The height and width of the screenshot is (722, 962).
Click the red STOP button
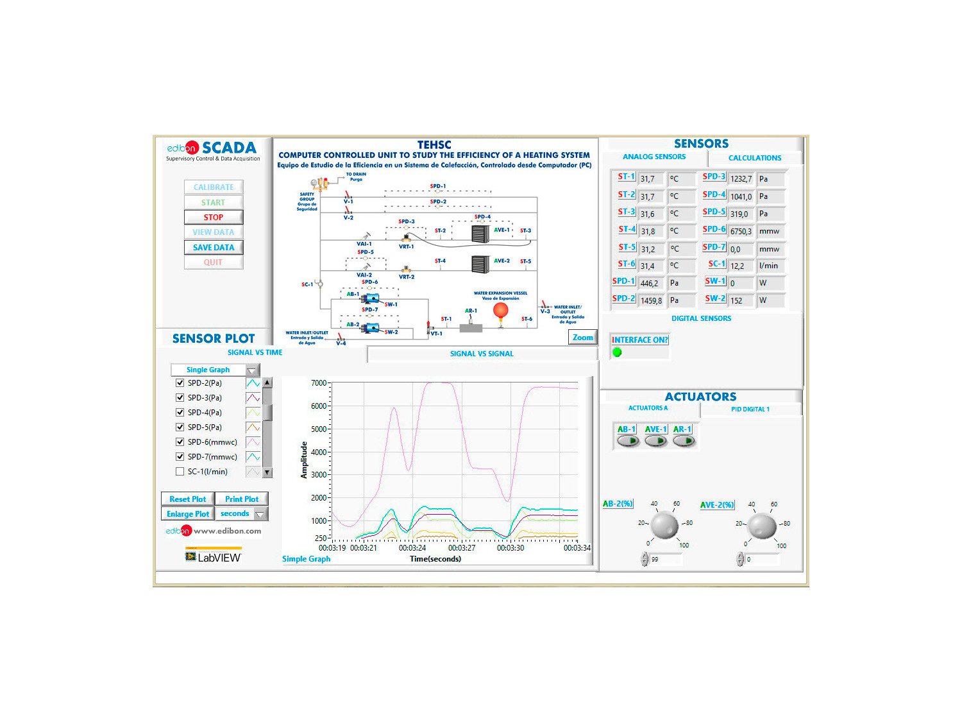[x=214, y=218]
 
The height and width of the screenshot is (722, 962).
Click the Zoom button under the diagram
[x=582, y=338]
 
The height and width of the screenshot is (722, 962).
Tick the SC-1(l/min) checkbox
[x=180, y=472]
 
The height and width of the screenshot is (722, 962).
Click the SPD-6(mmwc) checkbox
[x=180, y=442]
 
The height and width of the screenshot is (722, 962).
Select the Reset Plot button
[x=187, y=499]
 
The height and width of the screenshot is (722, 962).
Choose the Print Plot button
[x=242, y=499]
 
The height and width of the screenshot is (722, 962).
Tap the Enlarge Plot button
[x=187, y=514]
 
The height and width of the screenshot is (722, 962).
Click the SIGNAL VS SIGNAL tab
[x=482, y=354]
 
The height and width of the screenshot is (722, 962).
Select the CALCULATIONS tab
[x=754, y=158]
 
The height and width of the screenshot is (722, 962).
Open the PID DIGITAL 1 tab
[x=750, y=409]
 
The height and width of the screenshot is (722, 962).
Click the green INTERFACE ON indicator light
[x=618, y=352]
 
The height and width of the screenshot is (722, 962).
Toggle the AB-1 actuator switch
[x=628, y=441]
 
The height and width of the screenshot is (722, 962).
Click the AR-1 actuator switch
[x=684, y=441]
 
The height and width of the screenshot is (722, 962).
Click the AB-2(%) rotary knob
[x=665, y=526]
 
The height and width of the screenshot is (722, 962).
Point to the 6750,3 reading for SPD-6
[x=741, y=232]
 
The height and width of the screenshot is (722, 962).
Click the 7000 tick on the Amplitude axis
[x=319, y=383]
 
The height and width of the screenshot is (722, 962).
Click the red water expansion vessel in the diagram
[x=500, y=311]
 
